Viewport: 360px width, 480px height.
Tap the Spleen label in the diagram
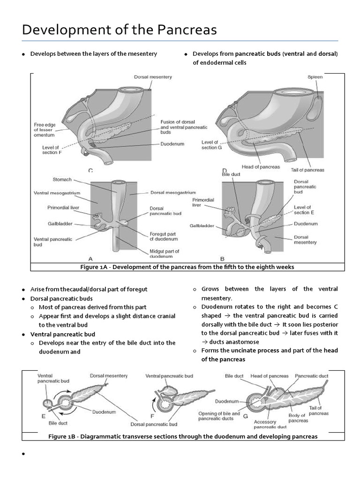[315, 77]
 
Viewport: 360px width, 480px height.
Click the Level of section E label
[302, 210]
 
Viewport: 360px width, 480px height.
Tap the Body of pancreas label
[298, 419]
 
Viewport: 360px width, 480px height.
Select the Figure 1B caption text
[183, 436]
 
